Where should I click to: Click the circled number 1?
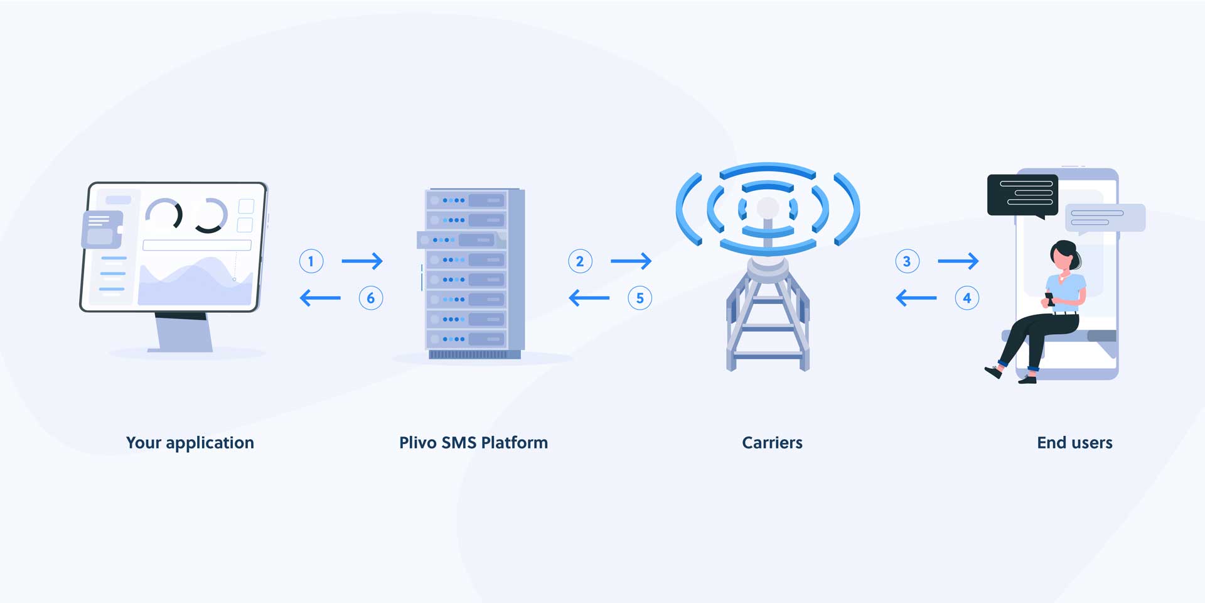pos(311,261)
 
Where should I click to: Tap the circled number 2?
pos(580,261)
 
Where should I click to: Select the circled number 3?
pos(907,261)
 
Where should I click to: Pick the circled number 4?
pos(967,298)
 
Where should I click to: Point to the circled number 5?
pos(640,298)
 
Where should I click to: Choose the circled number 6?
pos(371,298)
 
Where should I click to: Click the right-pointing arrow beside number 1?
pos(362,261)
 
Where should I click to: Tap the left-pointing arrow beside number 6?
pos(320,297)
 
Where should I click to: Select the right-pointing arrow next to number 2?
pos(631,261)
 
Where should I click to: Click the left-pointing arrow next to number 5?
pos(589,297)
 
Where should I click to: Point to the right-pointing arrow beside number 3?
pos(958,261)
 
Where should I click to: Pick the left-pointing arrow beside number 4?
pos(916,297)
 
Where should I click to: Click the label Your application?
pos(190,443)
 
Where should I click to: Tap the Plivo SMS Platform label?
pos(473,443)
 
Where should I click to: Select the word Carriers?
pos(772,443)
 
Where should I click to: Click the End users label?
pos(1074,443)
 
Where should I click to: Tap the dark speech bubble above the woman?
pos(1022,195)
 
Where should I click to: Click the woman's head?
pos(1063,255)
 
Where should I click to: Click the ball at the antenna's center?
pos(768,208)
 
